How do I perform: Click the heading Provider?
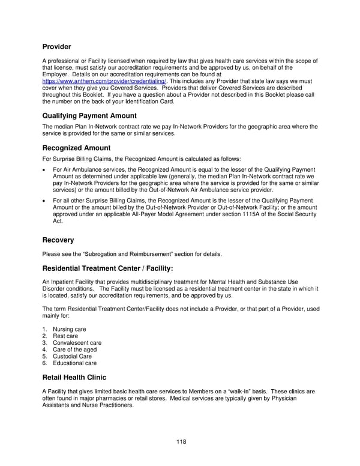56,46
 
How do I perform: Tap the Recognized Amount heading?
76,147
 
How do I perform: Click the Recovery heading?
58,240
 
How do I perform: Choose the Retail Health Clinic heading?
74,378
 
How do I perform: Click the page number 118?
181,442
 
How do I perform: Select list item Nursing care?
70,330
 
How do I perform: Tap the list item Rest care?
65,336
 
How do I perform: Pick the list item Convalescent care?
77,343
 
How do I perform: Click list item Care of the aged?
75,349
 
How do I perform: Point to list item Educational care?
74,363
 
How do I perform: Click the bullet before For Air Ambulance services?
44,171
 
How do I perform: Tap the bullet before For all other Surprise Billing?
44,201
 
